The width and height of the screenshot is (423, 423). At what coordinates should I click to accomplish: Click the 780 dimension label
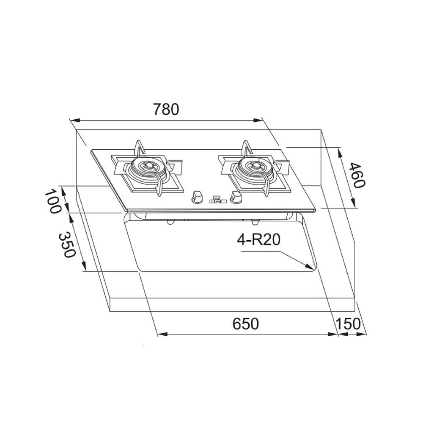(166, 109)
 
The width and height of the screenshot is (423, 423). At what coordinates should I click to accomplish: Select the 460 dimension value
(357, 176)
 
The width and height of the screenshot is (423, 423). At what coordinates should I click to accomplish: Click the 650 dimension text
(245, 324)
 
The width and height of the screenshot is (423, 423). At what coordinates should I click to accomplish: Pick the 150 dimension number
(348, 324)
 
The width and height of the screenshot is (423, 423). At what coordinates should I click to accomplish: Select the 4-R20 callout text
(259, 239)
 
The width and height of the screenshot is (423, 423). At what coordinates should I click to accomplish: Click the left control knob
(197, 197)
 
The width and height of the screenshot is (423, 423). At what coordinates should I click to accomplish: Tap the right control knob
(236, 197)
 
